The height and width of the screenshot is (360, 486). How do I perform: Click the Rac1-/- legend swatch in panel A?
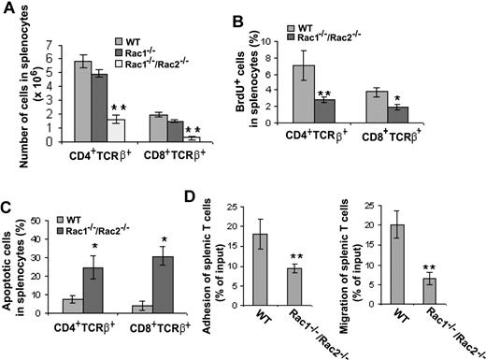tap(120, 53)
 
